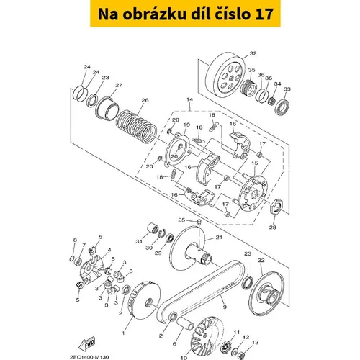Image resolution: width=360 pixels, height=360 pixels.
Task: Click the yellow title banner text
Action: (x=185, y=14)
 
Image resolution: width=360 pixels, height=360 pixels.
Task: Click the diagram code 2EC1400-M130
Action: (x=89, y=357)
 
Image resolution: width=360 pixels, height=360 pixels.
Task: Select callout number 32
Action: (x=253, y=53)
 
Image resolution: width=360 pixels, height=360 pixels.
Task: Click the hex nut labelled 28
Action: (x=276, y=207)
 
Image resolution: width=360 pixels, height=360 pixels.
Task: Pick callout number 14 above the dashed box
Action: (x=189, y=99)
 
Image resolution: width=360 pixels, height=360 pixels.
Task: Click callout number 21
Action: (x=219, y=237)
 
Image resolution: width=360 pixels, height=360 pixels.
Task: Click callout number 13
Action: (x=256, y=342)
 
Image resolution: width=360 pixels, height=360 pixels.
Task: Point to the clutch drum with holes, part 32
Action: (x=225, y=75)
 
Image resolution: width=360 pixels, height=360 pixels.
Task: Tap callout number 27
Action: (x=119, y=85)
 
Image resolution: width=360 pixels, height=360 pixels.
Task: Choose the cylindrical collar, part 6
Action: (x=186, y=324)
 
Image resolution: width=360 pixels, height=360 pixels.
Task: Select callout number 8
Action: (x=75, y=240)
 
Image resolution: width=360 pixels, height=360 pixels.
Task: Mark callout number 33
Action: (x=287, y=89)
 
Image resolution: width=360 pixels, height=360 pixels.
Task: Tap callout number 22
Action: (x=261, y=260)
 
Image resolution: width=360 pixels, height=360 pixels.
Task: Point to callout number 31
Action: (x=139, y=241)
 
